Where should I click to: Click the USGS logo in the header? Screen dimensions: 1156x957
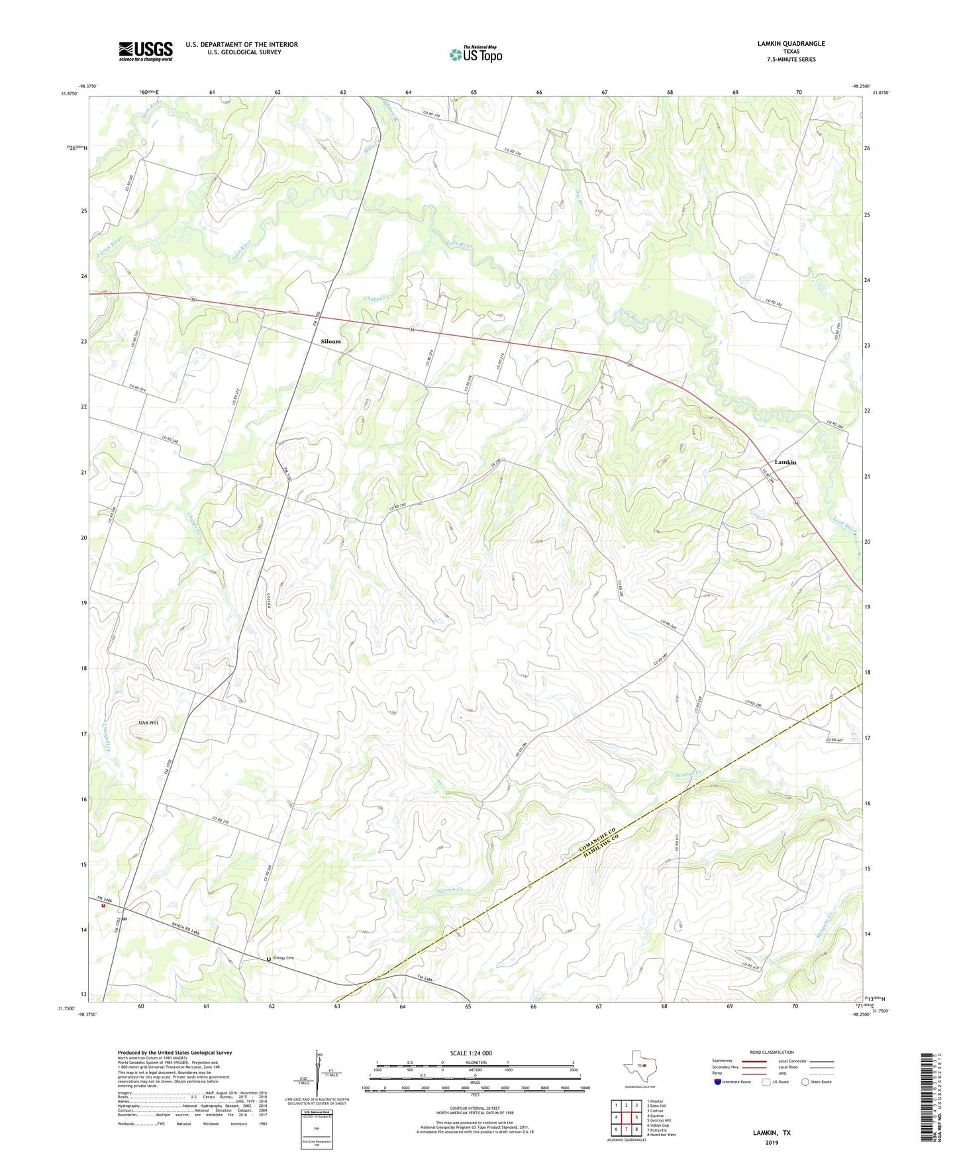pyautogui.click(x=146, y=51)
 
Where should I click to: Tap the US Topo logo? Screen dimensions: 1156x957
pyautogui.click(x=476, y=54)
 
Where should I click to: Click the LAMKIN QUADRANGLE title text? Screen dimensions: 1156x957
pyautogui.click(x=791, y=44)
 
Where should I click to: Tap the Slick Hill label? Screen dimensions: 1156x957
pyautogui.click(x=148, y=722)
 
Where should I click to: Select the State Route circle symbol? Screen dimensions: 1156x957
pyautogui.click(x=805, y=1082)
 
